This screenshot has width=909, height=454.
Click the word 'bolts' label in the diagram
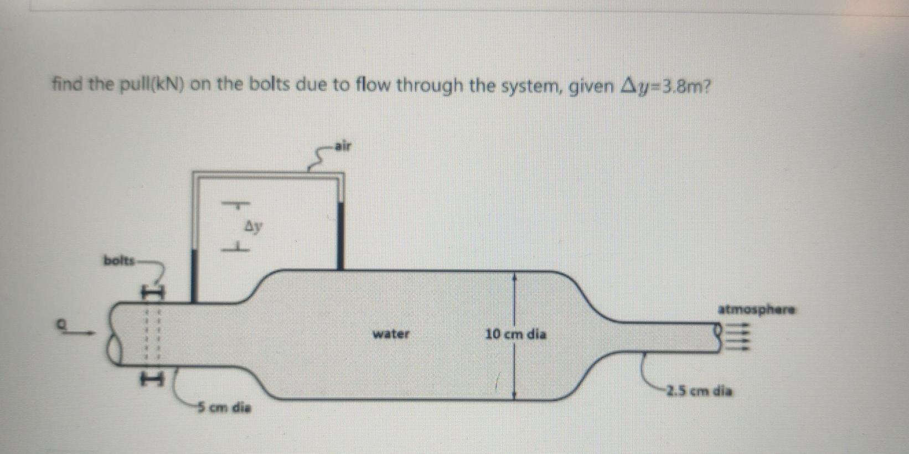pos(118,260)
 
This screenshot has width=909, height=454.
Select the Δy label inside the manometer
pos(253,226)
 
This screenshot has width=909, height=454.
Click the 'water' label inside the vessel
pos(391,334)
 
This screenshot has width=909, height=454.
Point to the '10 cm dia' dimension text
pos(515,334)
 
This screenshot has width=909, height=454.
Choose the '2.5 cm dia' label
pos(699,391)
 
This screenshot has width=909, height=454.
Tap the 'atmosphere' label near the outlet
pos(757,309)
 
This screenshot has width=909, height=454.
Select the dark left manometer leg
pos(194,275)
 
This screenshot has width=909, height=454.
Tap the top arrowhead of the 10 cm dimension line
pos(515,275)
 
